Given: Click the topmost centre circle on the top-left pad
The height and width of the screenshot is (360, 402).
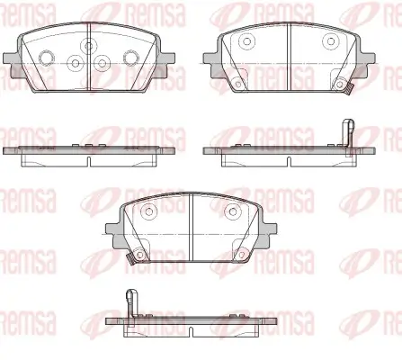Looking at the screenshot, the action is click(88, 46).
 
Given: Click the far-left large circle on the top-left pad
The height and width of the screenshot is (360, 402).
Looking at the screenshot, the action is click(47, 58).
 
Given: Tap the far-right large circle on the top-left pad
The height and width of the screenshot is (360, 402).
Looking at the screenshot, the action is click(131, 58).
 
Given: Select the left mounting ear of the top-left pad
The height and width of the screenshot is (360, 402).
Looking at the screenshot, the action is click(12, 65).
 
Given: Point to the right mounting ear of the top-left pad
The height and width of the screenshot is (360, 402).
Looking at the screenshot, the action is click(165, 65).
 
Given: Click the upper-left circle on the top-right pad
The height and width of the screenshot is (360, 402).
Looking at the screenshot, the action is click(247, 41).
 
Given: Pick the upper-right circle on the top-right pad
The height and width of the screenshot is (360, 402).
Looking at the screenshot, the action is click(331, 41).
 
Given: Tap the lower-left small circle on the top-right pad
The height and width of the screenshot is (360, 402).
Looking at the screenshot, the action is click(238, 85).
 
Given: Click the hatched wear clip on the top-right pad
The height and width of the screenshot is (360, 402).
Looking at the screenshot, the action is click(349, 89).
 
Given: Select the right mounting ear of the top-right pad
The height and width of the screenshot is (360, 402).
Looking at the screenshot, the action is click(366, 65).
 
